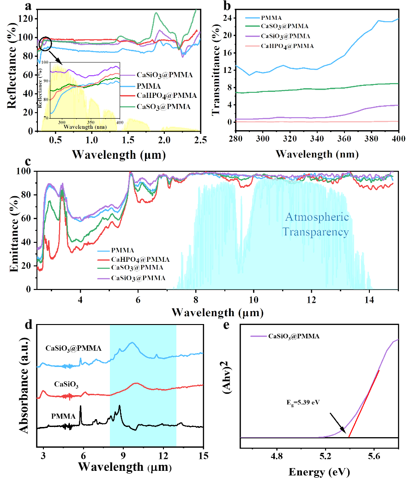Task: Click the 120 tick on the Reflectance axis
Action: tap(27, 18)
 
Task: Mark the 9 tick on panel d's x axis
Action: tap(123, 456)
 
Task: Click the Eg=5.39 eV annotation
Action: tap(302, 403)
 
